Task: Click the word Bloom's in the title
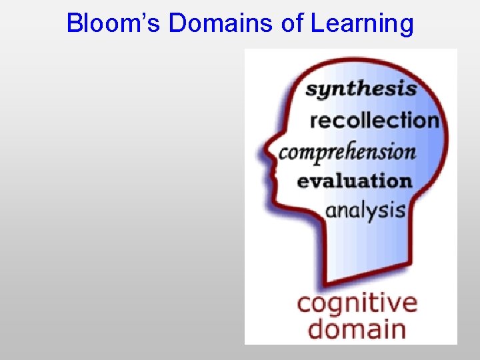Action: click(x=115, y=24)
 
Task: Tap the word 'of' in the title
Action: click(x=293, y=24)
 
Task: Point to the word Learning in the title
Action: click(x=362, y=24)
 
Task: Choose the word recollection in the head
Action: click(x=374, y=121)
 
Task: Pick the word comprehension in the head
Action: click(x=347, y=152)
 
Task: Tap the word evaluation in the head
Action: click(x=354, y=181)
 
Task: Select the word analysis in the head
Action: click(x=365, y=211)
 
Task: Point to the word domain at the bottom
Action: click(x=357, y=329)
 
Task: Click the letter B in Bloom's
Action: click(x=74, y=24)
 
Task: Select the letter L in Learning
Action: click(x=316, y=24)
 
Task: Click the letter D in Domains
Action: click(x=177, y=24)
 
